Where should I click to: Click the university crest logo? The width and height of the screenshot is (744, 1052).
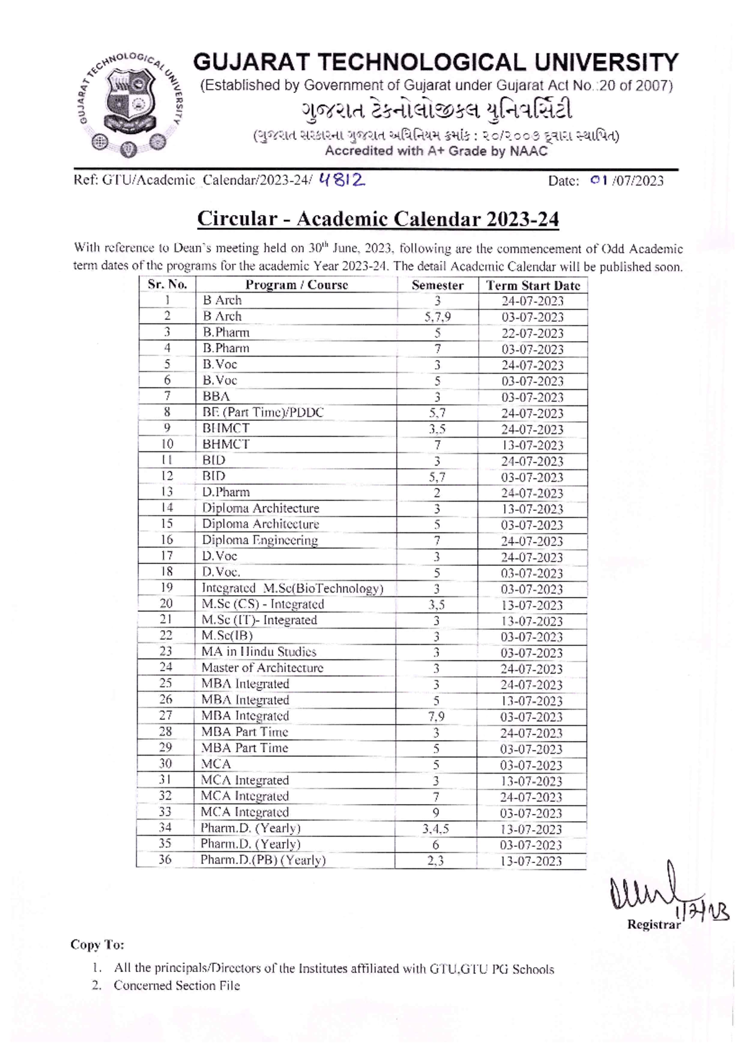coord(129,103)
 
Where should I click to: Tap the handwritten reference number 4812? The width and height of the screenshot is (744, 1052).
coord(341,180)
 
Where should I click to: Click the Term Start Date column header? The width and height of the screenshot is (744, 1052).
coord(533,285)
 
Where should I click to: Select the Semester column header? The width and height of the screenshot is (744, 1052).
coord(437,285)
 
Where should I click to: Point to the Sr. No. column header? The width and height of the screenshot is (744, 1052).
coord(167,285)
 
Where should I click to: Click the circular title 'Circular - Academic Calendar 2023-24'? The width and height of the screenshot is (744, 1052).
coord(378,219)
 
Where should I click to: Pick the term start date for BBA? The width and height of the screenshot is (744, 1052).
coord(532,397)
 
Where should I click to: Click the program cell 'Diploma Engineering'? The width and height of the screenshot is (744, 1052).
coord(260,540)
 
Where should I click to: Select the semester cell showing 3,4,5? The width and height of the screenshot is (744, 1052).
coord(436,829)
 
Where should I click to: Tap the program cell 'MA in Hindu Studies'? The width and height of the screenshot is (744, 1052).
coord(259,652)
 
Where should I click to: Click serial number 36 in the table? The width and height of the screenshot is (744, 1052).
coord(165,860)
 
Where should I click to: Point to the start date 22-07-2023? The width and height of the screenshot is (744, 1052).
coord(532,334)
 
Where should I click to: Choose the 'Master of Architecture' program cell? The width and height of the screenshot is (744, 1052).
coord(262,668)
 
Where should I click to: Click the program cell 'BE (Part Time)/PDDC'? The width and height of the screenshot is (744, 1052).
coord(263,412)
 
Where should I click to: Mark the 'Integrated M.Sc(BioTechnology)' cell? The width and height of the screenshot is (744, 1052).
coord(292,588)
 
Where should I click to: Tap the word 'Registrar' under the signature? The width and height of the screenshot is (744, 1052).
coord(653,924)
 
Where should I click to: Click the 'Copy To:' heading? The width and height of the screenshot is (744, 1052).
coord(97,945)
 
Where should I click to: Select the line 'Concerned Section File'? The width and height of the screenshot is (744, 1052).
coord(176,986)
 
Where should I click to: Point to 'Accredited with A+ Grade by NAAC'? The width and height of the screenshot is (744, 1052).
coord(436,151)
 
